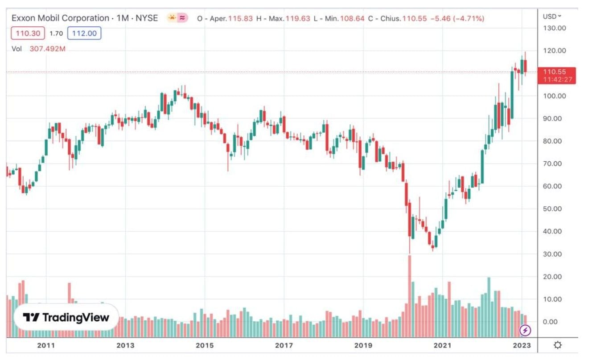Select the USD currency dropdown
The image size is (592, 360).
pos(552,16)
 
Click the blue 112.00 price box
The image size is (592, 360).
pos(84,33)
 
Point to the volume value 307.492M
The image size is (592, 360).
pos(47,49)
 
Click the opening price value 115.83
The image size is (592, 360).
pos(240,19)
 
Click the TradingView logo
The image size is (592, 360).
pos(66,318)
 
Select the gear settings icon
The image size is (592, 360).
pos(557,345)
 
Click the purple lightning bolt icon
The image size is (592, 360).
pos(526,331)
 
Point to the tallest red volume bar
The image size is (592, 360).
pos(409,294)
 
